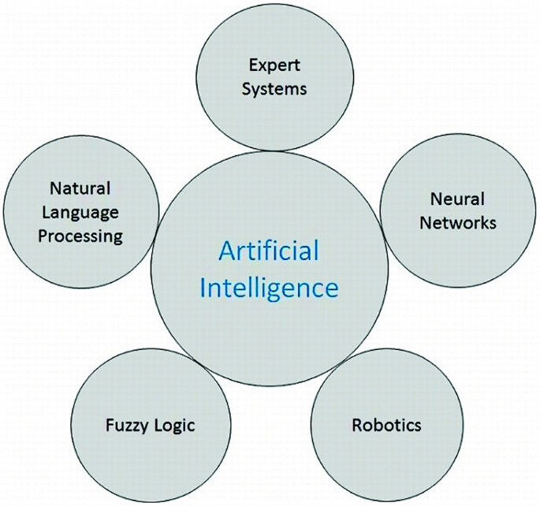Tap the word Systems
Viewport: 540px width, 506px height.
pos(274,88)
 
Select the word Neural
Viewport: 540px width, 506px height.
pos(457,198)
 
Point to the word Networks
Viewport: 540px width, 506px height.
pos(458,222)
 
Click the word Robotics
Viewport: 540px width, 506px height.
pos(386,426)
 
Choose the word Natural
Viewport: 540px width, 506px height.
pos(80,188)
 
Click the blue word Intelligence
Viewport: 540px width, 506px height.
pos(269,287)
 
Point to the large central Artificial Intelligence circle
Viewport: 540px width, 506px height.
pos(268,331)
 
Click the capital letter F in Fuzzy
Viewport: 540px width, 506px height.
pos(110,426)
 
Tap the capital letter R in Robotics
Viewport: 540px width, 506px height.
pos(357,426)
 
